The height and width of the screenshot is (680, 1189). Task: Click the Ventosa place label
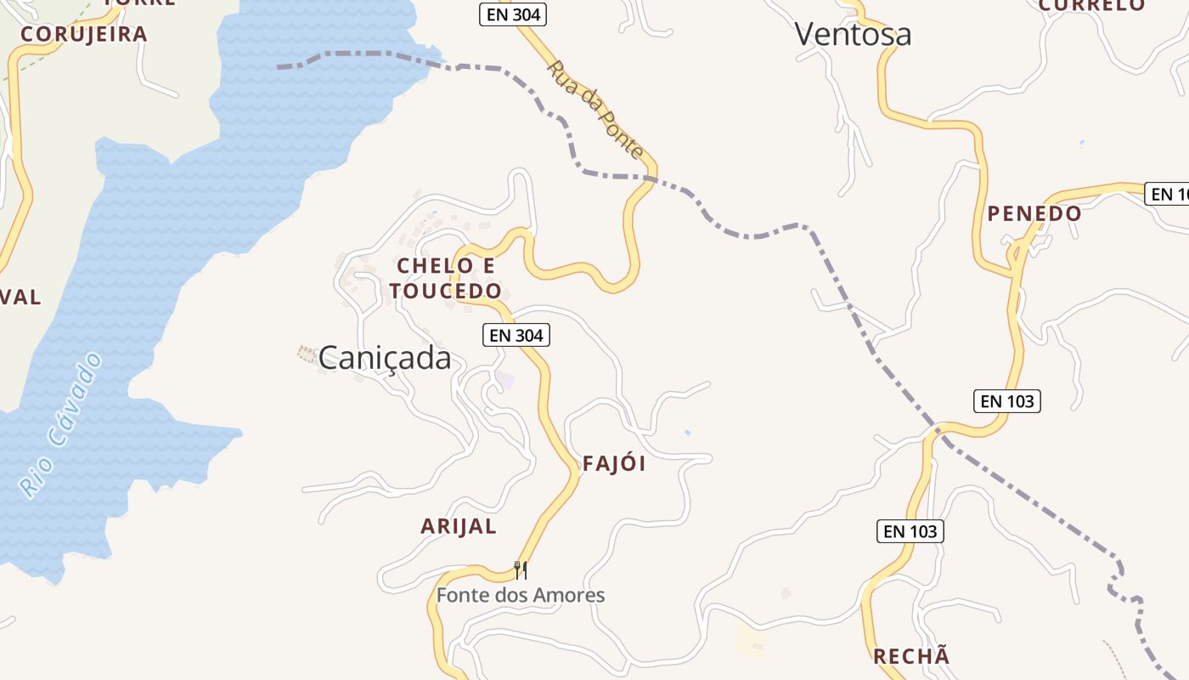[x=853, y=34]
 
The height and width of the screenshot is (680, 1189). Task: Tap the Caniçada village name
[x=385, y=358]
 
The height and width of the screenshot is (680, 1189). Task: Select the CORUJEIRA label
[x=84, y=34]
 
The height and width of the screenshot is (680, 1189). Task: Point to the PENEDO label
[x=1034, y=213]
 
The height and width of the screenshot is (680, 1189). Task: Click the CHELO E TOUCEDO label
[x=446, y=278]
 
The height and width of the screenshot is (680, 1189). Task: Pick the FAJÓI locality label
[x=614, y=463]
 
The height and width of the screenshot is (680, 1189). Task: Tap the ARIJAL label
[x=459, y=526]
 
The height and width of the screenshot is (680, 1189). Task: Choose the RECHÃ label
[x=911, y=656]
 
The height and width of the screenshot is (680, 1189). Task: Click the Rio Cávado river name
[x=61, y=424]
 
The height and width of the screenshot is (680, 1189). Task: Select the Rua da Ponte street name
[x=594, y=108]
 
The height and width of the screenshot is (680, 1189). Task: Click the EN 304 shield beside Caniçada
[x=516, y=335]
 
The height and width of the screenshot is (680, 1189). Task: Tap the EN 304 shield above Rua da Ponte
[x=512, y=14]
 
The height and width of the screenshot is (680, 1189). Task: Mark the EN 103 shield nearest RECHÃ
[x=910, y=531]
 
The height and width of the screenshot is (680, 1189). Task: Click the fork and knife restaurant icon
[x=521, y=569]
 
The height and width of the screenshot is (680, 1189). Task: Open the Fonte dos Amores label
[x=521, y=595]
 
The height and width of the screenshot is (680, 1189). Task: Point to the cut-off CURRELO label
[x=1091, y=5]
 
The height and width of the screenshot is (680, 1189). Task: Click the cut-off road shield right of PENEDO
[x=1168, y=194]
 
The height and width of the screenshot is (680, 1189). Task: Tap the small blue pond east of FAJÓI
[x=687, y=433]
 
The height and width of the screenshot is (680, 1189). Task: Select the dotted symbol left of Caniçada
[x=306, y=352]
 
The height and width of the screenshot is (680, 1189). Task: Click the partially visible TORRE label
[x=140, y=3]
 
